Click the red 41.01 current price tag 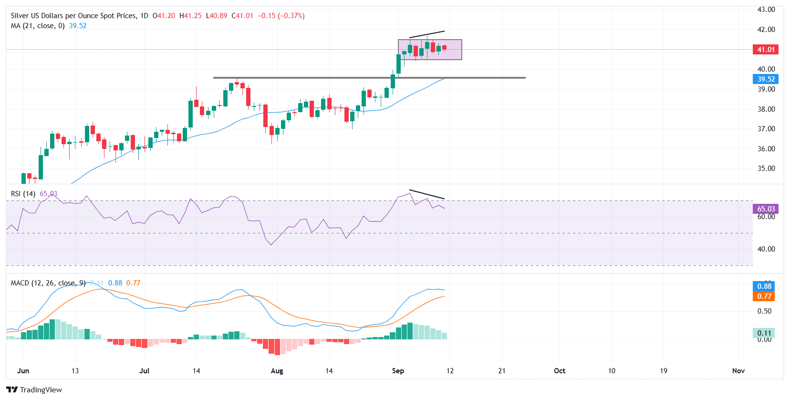coord(766,50)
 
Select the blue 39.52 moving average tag coord(766,79)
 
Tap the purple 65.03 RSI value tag coord(766,209)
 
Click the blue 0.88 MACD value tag coord(764,286)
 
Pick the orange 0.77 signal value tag coord(764,296)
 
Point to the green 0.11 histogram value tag coord(764,333)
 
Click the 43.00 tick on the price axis coord(766,10)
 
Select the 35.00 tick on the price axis coord(766,168)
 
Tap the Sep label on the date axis coord(398,371)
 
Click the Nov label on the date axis coord(738,371)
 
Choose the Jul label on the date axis coord(144,371)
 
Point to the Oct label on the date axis coord(560,371)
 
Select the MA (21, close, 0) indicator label coord(38,26)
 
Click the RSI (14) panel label coord(23,194)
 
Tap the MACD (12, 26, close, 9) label coord(48,283)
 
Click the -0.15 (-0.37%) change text coord(281,16)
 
